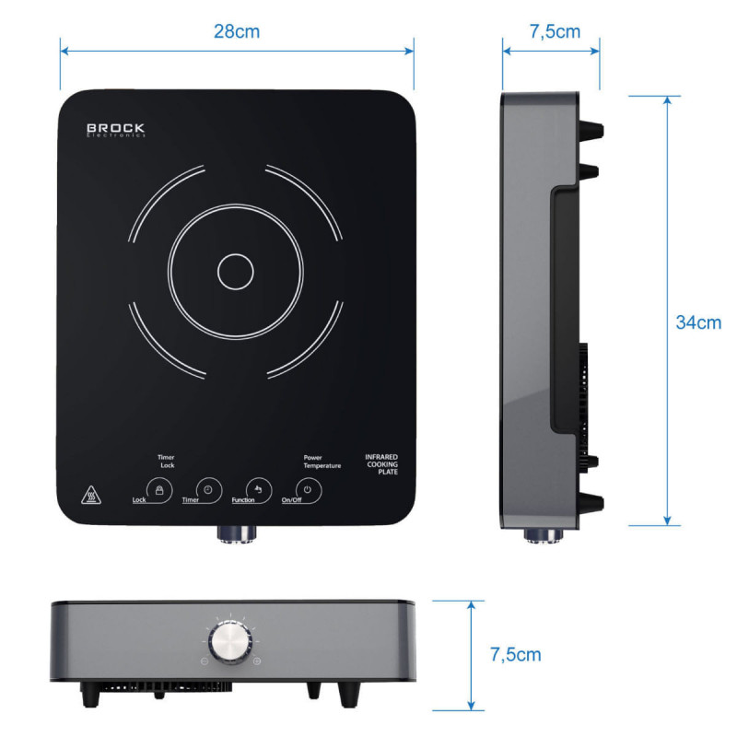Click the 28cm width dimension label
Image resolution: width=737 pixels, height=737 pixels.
coord(237,31)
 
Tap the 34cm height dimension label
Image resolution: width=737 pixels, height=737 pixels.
coord(698,322)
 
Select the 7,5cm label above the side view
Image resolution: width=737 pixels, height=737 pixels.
coord(555,32)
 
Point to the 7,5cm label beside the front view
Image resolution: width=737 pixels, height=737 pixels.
coord(515,655)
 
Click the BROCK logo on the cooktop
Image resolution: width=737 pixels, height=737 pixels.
coord(116,130)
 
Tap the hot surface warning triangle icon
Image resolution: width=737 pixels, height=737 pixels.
coord(90,495)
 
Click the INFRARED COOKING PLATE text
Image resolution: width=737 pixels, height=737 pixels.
coord(381,464)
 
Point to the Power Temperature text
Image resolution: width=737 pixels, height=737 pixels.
coord(322,462)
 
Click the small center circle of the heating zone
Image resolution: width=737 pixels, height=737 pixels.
coord(236,272)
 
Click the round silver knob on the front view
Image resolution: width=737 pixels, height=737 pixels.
coord(231,642)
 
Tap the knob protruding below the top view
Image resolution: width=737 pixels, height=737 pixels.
coord(237,533)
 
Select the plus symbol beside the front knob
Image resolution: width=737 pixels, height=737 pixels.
coord(257,661)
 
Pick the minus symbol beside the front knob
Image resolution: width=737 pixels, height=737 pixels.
coord(205,661)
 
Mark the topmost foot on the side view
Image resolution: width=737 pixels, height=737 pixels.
coord(591,130)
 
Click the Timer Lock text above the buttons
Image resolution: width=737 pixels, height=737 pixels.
coord(166,462)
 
